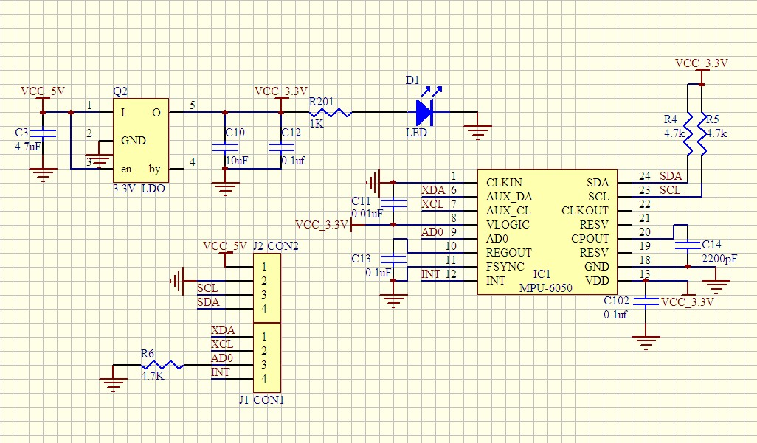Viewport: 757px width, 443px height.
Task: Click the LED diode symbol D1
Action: (x=424, y=112)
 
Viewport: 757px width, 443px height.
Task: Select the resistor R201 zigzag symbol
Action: (x=330, y=112)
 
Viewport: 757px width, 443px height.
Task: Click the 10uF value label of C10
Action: (x=237, y=160)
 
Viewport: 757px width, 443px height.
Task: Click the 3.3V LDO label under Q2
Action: (x=139, y=189)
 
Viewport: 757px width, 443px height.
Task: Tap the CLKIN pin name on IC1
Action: (x=504, y=182)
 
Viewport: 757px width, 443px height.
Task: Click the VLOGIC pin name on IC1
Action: (x=508, y=225)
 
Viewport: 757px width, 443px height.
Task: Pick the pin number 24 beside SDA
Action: (x=645, y=176)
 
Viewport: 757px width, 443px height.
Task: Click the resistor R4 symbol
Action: (x=688, y=133)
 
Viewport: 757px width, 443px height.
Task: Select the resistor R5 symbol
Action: (x=701, y=133)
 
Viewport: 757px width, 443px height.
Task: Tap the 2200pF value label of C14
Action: (x=719, y=259)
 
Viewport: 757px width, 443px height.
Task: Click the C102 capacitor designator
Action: (x=617, y=301)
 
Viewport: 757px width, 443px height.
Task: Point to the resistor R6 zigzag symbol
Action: (x=162, y=364)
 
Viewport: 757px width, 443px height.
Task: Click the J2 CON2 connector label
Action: (x=274, y=246)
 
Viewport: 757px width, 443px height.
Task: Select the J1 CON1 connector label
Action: (x=261, y=400)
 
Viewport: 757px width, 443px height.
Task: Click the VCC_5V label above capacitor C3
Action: (x=42, y=91)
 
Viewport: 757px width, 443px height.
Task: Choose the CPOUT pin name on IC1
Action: (x=590, y=239)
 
